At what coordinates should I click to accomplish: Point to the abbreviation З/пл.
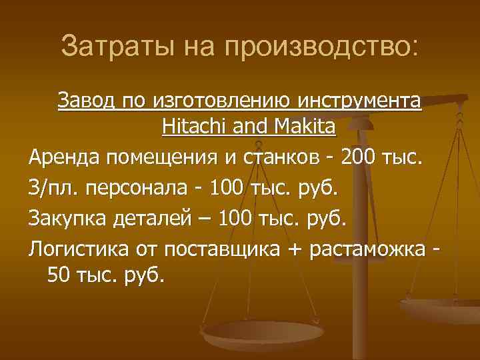tap(51, 187)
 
